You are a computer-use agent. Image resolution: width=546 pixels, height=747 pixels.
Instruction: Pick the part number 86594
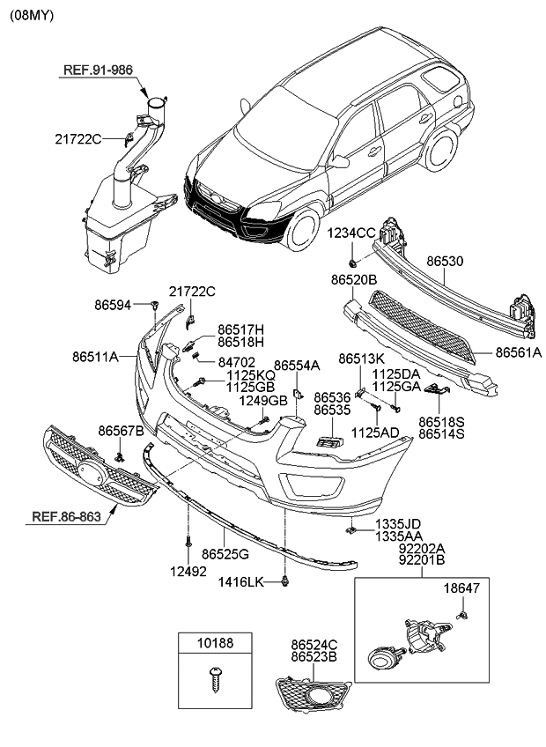pyautogui.click(x=113, y=306)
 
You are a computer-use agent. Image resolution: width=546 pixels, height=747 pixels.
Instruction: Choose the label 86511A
pyautogui.click(x=96, y=358)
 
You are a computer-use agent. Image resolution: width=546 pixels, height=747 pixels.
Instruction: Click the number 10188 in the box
pyautogui.click(x=215, y=644)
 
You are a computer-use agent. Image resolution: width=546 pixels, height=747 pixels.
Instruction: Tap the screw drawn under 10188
pyautogui.click(x=216, y=681)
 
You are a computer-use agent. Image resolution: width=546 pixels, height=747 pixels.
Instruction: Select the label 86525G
pyautogui.click(x=225, y=555)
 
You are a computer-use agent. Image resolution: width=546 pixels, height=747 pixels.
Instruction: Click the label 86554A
pyautogui.click(x=296, y=365)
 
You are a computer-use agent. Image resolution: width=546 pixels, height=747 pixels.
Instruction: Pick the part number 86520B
pyautogui.click(x=354, y=279)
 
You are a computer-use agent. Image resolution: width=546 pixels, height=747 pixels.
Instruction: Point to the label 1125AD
pyautogui.click(x=376, y=433)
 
